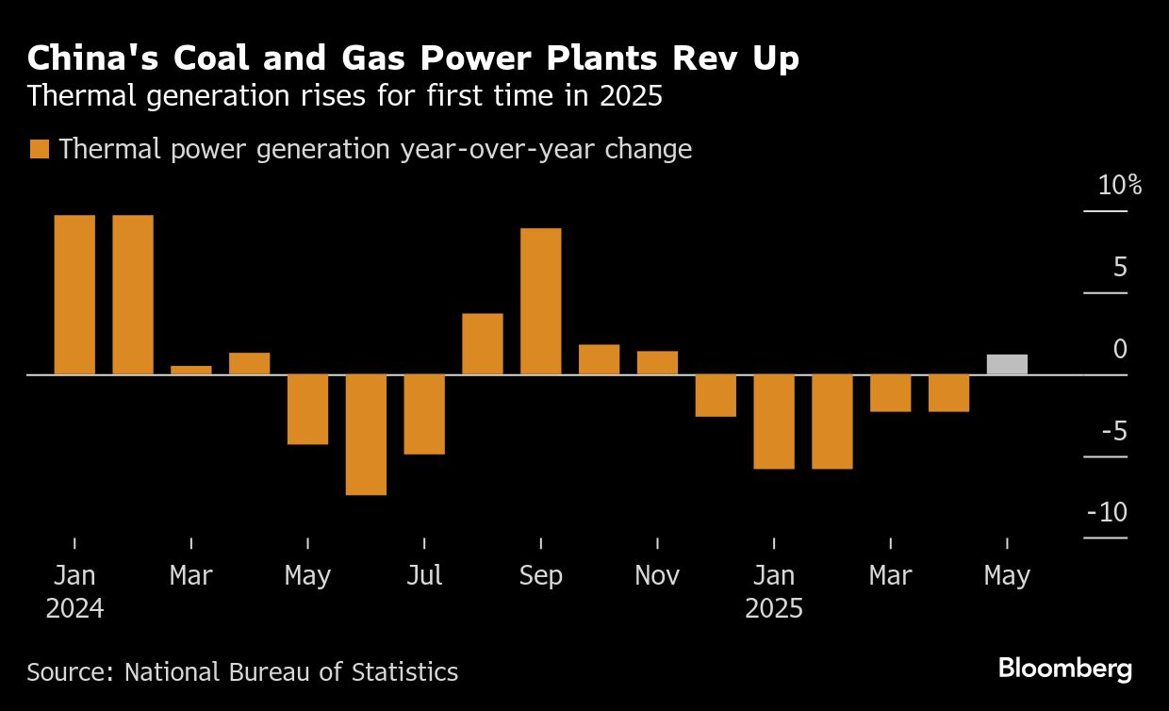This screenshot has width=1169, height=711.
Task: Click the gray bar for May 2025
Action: click(1007, 365)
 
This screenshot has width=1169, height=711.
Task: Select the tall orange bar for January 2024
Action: click(74, 294)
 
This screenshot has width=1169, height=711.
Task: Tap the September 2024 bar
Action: click(540, 301)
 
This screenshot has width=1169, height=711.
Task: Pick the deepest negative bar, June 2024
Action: click(366, 434)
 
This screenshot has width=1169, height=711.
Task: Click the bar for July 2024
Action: click(424, 414)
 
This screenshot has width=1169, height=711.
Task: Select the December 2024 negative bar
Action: click(716, 395)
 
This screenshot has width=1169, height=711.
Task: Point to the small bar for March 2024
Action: click(191, 370)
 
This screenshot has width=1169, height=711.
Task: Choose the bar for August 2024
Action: click(483, 343)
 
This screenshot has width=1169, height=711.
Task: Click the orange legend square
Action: click(40, 150)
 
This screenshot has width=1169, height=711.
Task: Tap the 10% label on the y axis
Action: click(1119, 186)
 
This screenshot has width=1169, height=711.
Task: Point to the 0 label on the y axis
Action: click(1120, 350)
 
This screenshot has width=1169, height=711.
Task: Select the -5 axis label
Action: click(1111, 432)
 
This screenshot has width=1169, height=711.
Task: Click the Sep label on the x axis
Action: click(540, 575)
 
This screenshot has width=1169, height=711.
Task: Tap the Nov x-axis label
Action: click(657, 575)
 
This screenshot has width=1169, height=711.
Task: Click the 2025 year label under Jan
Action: click(774, 608)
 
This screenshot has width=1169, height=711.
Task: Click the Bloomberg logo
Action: click(1065, 670)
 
